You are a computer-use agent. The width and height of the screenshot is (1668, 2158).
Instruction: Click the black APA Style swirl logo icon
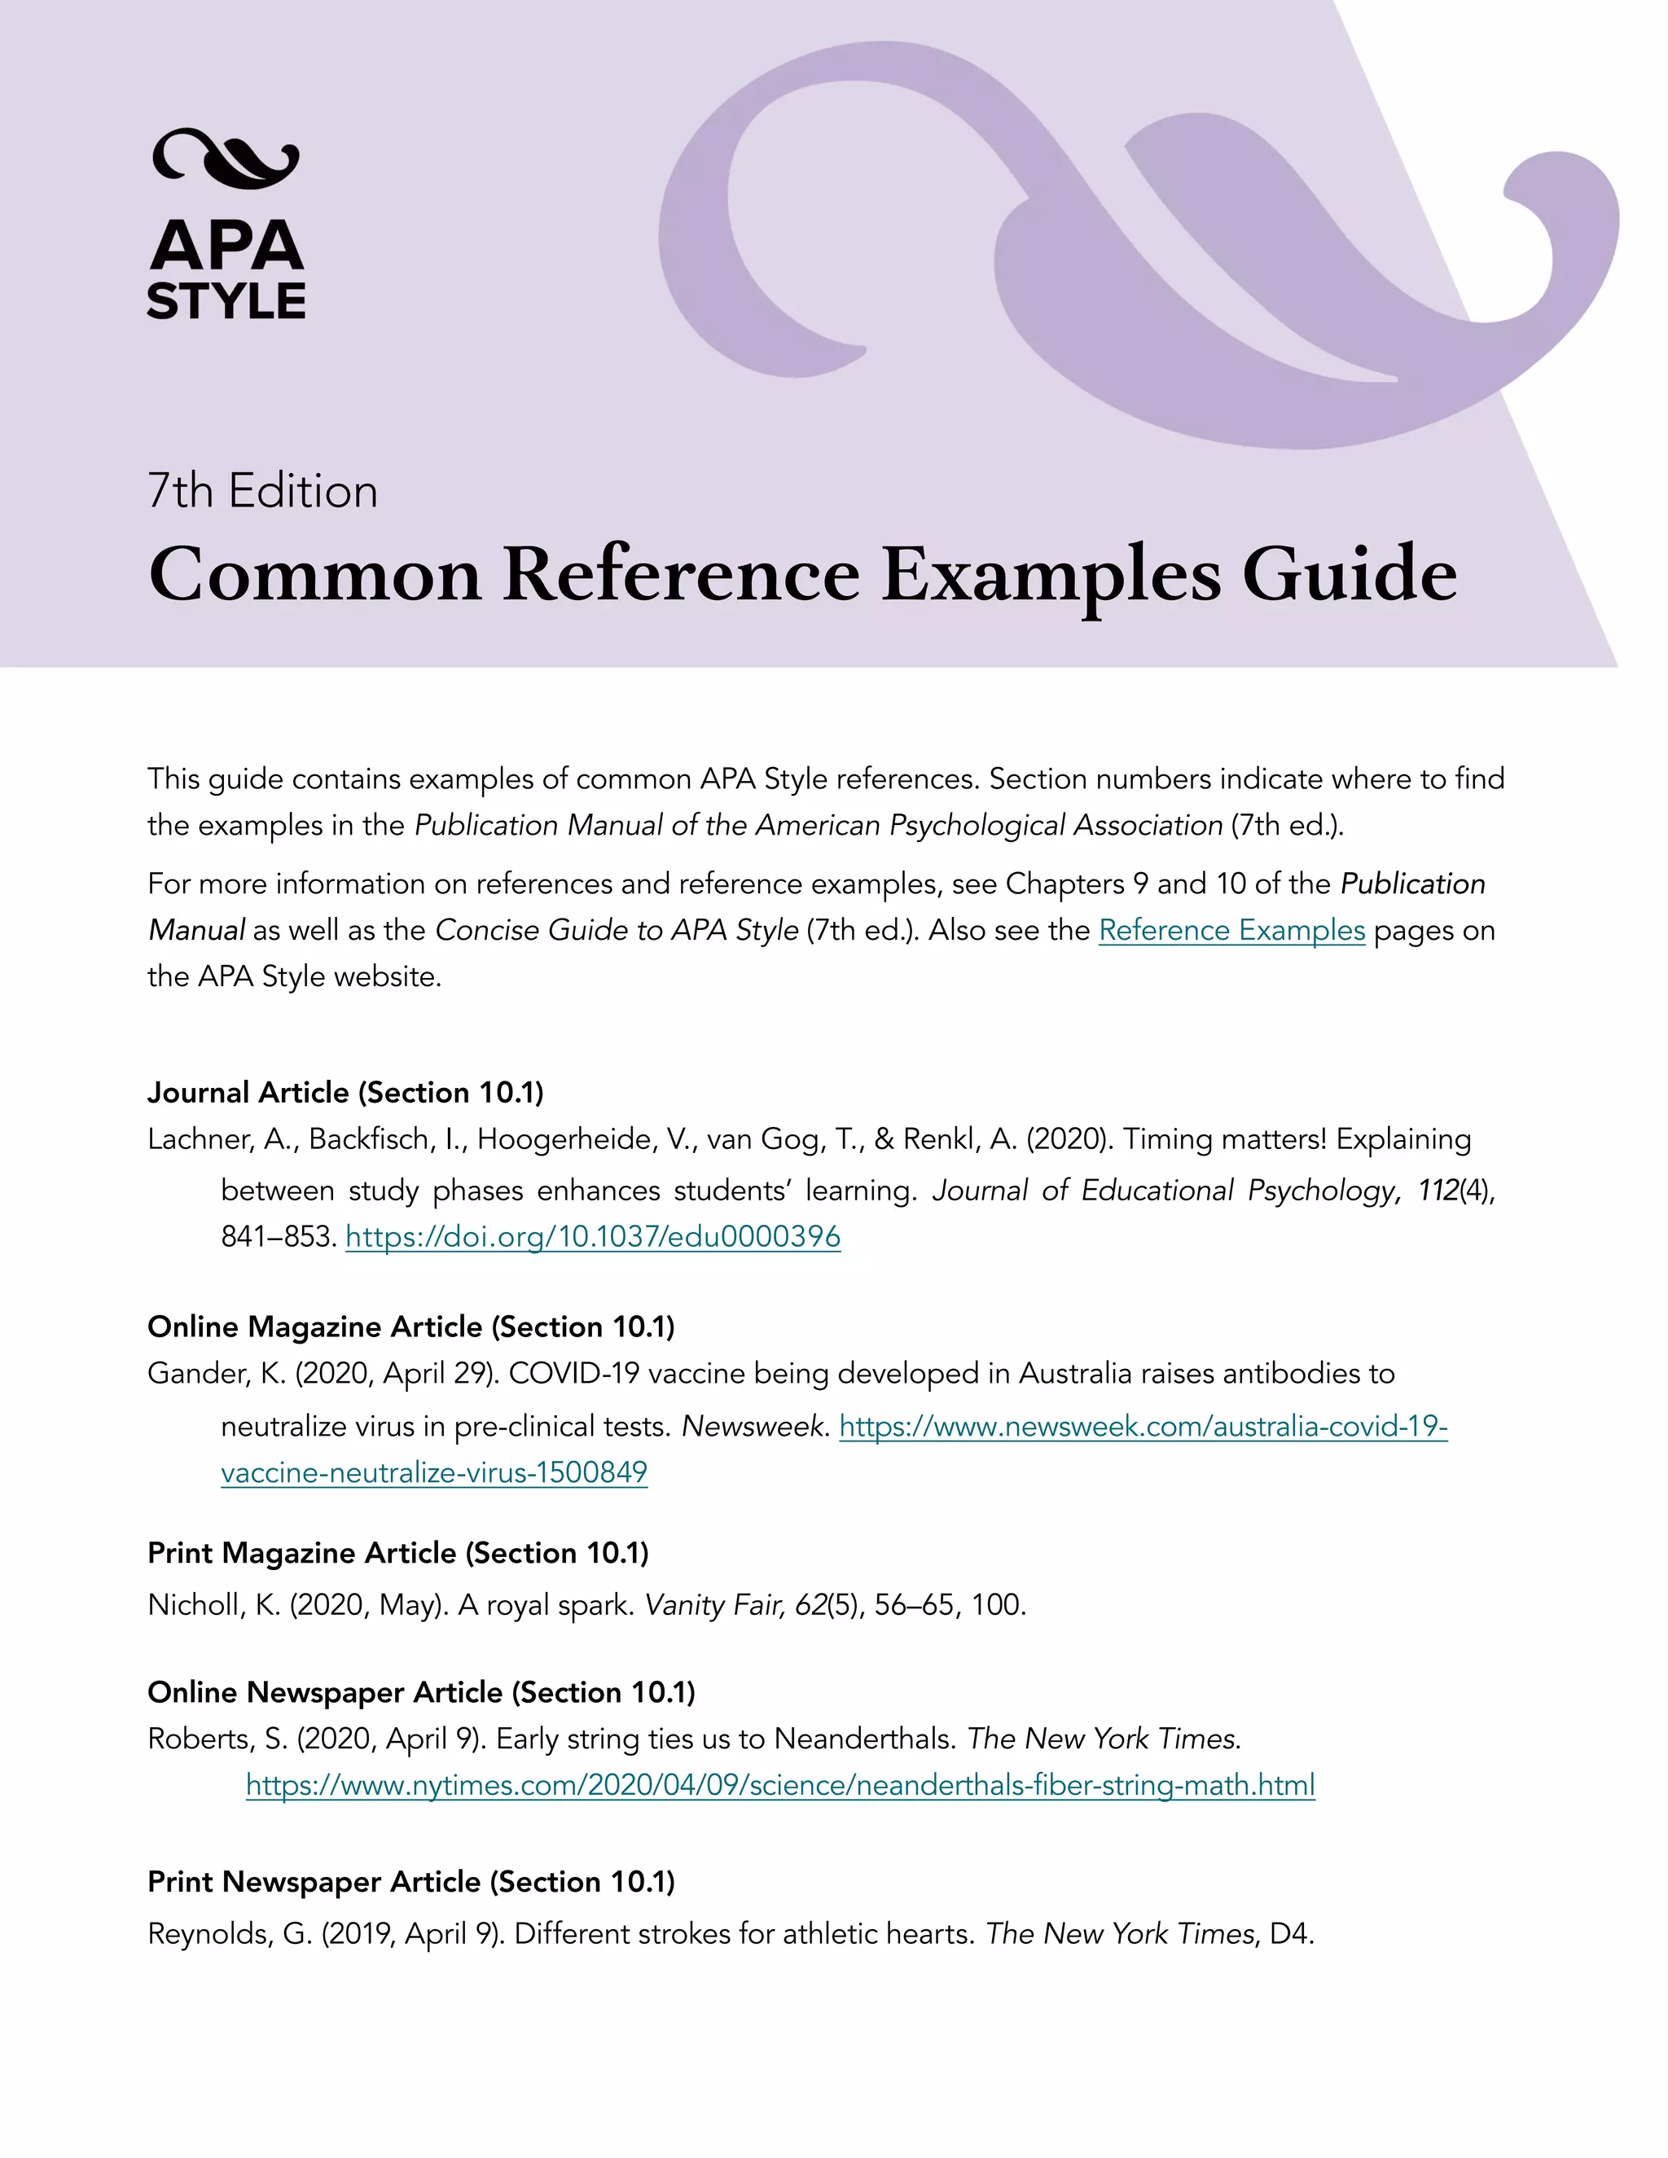(x=226, y=158)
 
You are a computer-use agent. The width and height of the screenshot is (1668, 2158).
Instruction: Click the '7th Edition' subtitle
(x=262, y=491)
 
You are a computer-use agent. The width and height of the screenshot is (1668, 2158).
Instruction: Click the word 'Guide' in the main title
(x=1349, y=574)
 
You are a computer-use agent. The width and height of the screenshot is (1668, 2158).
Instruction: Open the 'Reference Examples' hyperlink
(x=1231, y=930)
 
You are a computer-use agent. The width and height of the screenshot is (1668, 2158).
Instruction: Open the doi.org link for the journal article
(x=593, y=1236)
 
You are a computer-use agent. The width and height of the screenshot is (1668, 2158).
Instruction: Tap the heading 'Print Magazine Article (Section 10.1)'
(x=398, y=1552)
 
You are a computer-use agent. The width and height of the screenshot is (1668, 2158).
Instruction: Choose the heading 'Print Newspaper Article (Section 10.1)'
(x=411, y=1881)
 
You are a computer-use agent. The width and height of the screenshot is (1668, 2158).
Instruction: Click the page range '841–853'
(x=278, y=1236)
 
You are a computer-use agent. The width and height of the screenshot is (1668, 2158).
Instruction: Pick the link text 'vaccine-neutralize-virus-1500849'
(x=434, y=1472)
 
